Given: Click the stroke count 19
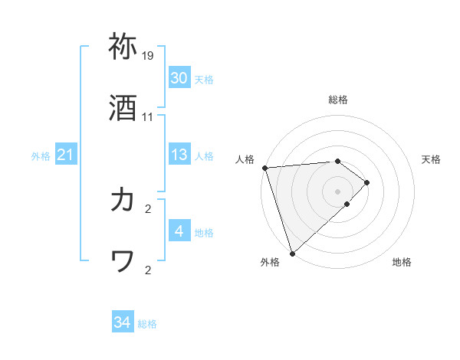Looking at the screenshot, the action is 148,56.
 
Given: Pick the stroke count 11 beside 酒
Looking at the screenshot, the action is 148,117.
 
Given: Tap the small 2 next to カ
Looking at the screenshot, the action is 148,208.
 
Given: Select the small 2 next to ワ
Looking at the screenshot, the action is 148,270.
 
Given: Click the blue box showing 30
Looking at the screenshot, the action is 179,78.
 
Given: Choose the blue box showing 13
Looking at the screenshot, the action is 179,155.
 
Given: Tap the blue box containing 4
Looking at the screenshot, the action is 179,231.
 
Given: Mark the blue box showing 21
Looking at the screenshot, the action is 65,155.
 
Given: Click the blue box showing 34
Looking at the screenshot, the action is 123,323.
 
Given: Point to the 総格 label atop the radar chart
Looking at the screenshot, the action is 338,100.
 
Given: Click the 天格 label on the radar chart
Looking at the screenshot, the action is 432,159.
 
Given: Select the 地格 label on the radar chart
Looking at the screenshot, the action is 402,262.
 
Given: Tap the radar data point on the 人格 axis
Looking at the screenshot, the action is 264,168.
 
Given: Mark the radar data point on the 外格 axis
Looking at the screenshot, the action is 292,252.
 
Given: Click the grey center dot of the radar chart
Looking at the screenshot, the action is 337,191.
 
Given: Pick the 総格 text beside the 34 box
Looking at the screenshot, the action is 147,324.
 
